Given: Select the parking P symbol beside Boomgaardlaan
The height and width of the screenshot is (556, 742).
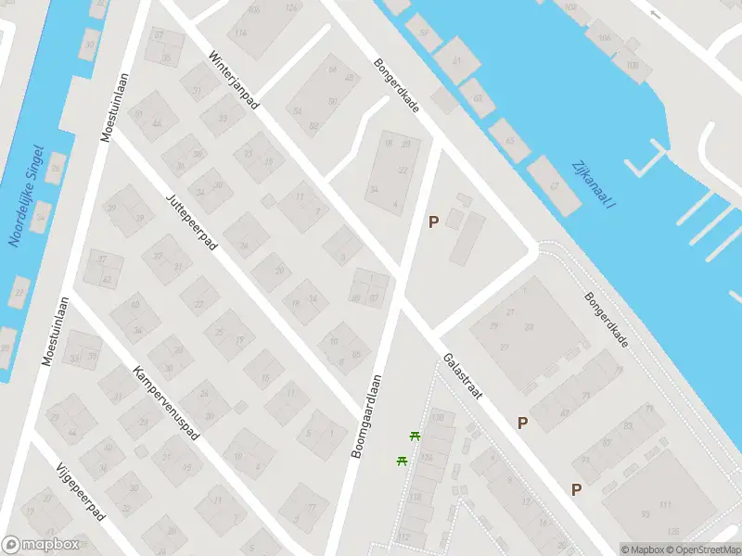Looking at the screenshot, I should (432, 221).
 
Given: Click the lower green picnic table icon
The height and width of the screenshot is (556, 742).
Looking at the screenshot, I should (403, 460).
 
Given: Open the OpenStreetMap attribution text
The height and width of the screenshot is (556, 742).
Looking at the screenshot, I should (702, 550).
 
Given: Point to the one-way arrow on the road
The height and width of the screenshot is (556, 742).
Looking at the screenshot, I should (657, 14).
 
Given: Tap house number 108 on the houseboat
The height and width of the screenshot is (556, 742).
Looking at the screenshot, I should (633, 65).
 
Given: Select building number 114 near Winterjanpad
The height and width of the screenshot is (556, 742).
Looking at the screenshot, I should (241, 32).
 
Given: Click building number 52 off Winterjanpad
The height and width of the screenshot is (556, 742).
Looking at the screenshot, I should (298, 110).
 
